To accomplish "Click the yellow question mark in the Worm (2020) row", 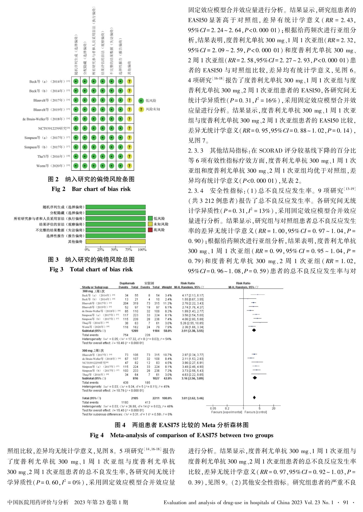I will click(x=129, y=166).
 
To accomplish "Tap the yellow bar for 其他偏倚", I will click(x=115, y=241).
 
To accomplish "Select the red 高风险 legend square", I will click(x=150, y=230).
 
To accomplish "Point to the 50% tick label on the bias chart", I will click(x=114, y=250).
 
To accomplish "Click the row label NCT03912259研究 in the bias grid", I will click(x=54, y=128).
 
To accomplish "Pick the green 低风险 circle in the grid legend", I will click(x=141, y=101).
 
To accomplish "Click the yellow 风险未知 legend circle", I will click(x=141, y=109).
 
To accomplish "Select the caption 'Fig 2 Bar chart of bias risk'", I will click(x=91, y=189).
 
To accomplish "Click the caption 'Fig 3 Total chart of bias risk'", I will click(x=91, y=269).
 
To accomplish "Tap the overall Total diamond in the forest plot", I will click(x=254, y=397).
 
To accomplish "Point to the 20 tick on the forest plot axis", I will click(x=274, y=408).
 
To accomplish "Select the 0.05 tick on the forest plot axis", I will click(x=213, y=408).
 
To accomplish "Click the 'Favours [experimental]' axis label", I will click(x=227, y=412).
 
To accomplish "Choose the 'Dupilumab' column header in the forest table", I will click(x=127, y=283).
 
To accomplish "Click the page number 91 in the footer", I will click(x=346, y=502).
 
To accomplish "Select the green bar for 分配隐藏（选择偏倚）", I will click(x=115, y=213).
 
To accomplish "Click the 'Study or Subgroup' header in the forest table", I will click(x=95, y=287).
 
